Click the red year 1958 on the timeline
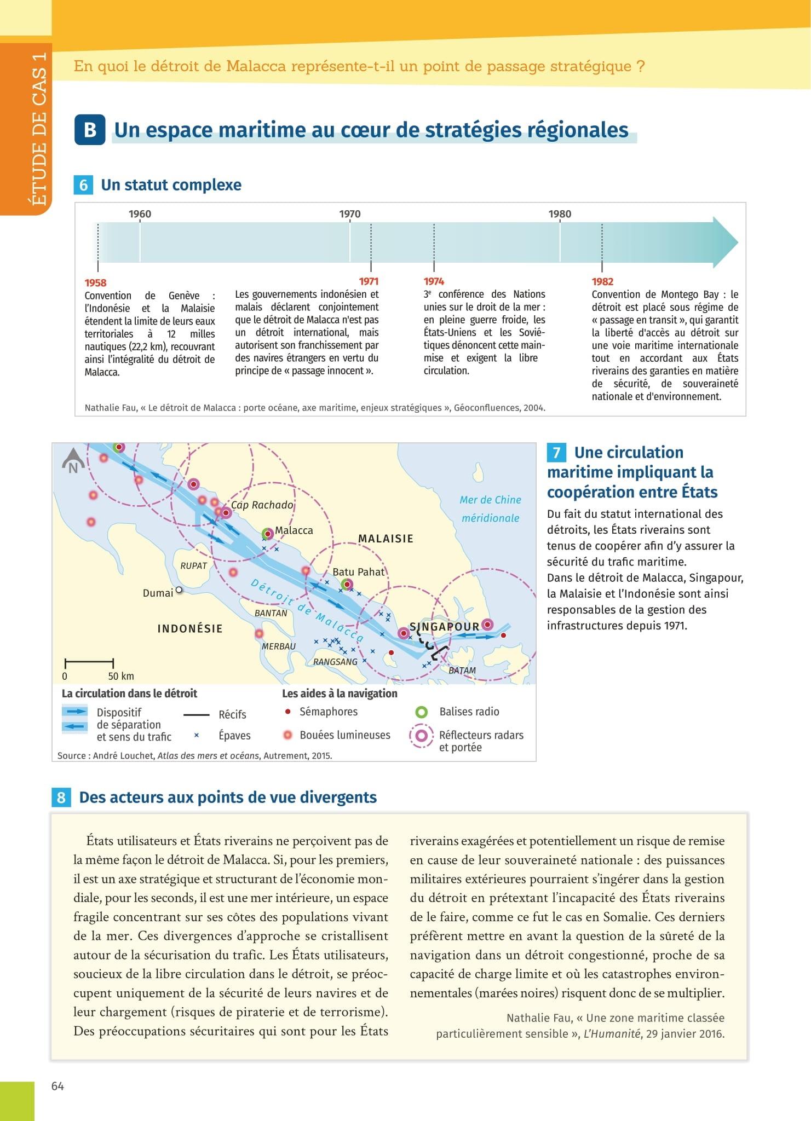[95, 283]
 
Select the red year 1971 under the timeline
[369, 281]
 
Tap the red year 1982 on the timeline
[602, 281]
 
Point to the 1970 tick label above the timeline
[350, 214]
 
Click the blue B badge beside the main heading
[90, 130]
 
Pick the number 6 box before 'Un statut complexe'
[83, 185]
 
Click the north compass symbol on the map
[73, 460]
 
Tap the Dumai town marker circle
[179, 591]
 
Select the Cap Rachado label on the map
[262, 505]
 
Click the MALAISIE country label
[386, 539]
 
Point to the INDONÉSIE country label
[190, 628]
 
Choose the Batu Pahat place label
[359, 572]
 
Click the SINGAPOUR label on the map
[444, 626]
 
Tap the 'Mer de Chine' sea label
[490, 500]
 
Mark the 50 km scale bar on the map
[89, 663]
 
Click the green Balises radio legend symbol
[422, 712]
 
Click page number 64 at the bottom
[57, 1087]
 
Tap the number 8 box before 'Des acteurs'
[61, 798]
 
